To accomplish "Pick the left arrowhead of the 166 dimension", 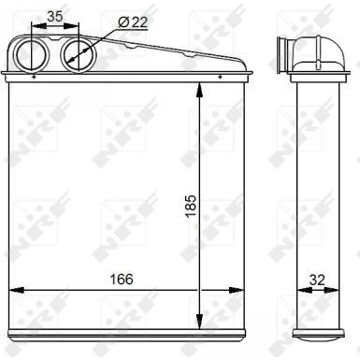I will pos(12,289).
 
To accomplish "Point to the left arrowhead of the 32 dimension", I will pos(297,289).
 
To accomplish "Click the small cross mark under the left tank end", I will pos(35,78).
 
